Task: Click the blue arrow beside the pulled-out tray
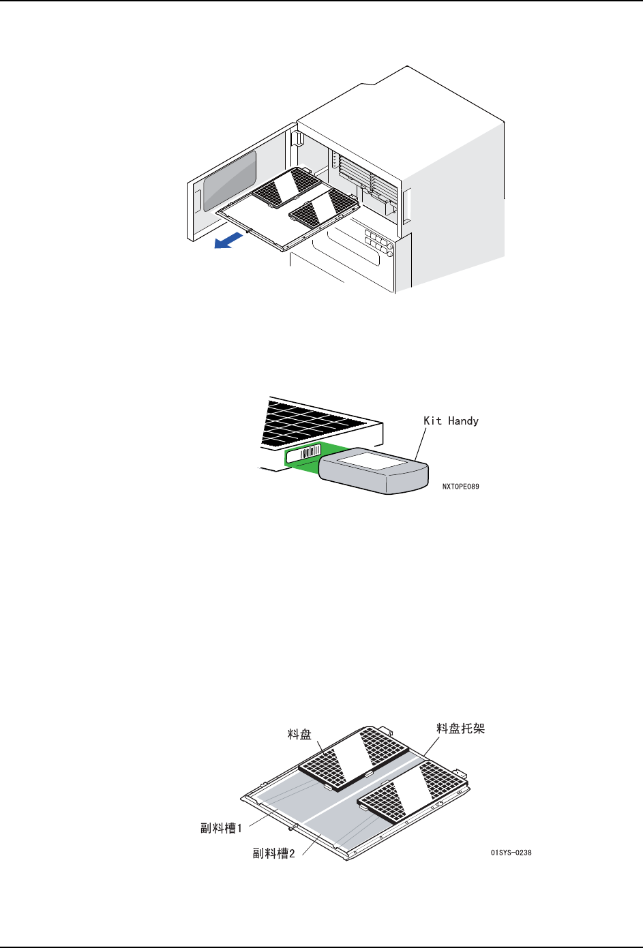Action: (228, 240)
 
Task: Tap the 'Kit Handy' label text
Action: (451, 421)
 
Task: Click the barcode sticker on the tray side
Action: (303, 454)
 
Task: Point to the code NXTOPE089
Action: (460, 487)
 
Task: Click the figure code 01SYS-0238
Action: (511, 853)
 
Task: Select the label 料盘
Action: (299, 734)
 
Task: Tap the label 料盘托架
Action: (460, 729)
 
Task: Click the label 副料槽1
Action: (221, 829)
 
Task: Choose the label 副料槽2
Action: (274, 853)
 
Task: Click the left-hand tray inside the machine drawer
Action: (286, 186)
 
